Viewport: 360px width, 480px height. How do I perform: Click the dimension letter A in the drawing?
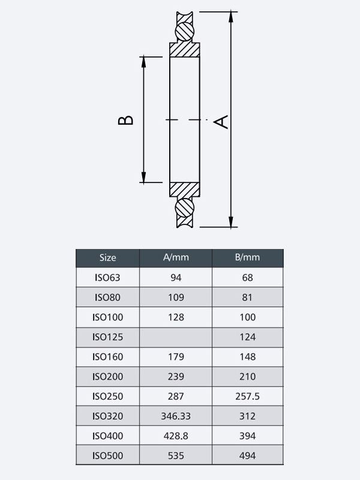click(x=221, y=121)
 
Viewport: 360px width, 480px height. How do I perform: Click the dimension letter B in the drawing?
click(x=125, y=120)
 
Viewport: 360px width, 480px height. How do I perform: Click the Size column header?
click(x=107, y=258)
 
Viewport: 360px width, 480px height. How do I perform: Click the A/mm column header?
click(x=176, y=258)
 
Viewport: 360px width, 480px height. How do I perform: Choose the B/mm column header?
click(x=247, y=258)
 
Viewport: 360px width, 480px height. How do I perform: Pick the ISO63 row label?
click(x=107, y=278)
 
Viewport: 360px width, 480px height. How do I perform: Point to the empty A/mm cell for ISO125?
click(x=176, y=337)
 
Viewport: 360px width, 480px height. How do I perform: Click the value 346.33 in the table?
click(x=176, y=416)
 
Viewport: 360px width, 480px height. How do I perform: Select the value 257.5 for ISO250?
click(x=247, y=397)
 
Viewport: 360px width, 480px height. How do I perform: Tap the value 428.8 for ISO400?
click(x=176, y=436)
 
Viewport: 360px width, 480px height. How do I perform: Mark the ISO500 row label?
click(x=107, y=456)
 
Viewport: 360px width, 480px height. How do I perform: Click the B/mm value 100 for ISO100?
click(x=247, y=317)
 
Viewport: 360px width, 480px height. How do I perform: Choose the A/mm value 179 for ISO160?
click(x=176, y=357)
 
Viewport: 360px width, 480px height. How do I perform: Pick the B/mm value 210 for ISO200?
click(x=247, y=377)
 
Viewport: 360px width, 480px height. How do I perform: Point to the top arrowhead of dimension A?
click(x=230, y=16)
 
